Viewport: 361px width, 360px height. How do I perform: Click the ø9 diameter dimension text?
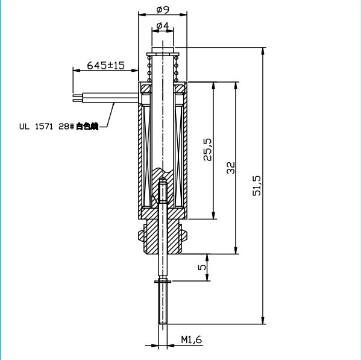[162, 9]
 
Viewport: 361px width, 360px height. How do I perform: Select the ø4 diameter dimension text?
[162, 26]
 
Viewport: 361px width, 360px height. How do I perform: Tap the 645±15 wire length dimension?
[105, 65]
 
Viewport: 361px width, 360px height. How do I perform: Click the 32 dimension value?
[230, 168]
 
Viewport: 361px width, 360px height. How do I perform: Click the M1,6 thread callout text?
[192, 341]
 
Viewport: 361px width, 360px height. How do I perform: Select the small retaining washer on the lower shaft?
[162, 281]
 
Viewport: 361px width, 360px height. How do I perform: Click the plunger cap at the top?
[162, 50]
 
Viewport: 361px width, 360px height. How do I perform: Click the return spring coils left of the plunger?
[149, 69]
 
